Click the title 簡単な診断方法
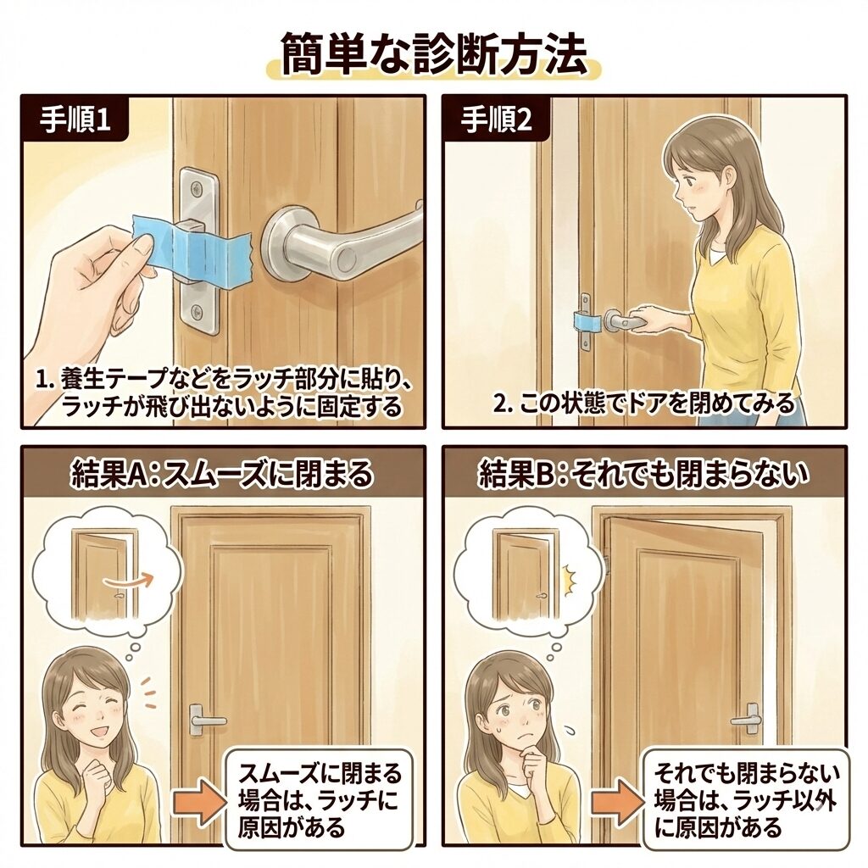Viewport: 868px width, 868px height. click(434, 55)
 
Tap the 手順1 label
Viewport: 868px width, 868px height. click(75, 120)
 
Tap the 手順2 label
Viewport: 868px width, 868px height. click(497, 120)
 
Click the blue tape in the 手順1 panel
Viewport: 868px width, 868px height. click(192, 248)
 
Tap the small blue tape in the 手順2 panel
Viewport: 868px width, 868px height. click(587, 321)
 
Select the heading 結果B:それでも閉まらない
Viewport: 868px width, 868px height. click(644, 474)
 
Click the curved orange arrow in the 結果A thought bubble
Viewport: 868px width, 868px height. click(127, 580)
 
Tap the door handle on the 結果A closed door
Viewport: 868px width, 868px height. click(204, 719)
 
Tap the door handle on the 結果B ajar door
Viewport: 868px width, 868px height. click(748, 719)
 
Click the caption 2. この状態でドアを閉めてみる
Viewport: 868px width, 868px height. click(644, 405)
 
